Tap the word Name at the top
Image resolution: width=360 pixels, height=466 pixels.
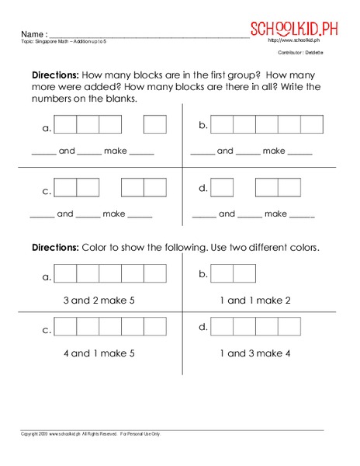(32, 35)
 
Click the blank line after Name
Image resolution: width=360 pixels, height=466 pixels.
(147, 36)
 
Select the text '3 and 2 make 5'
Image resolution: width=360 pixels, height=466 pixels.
(102, 300)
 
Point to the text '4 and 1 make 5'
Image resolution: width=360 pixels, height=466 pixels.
(102, 353)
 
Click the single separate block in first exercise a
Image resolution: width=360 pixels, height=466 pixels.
(155, 124)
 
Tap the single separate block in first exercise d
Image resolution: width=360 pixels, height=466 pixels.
(223, 187)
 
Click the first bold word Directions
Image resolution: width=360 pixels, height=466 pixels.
(54, 75)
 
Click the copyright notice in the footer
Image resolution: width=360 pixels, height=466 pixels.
(90, 433)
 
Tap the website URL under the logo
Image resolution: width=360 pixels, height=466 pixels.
(291, 40)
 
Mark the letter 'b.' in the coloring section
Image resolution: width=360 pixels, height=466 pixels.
(203, 274)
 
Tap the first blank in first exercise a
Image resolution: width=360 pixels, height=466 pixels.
(43, 153)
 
